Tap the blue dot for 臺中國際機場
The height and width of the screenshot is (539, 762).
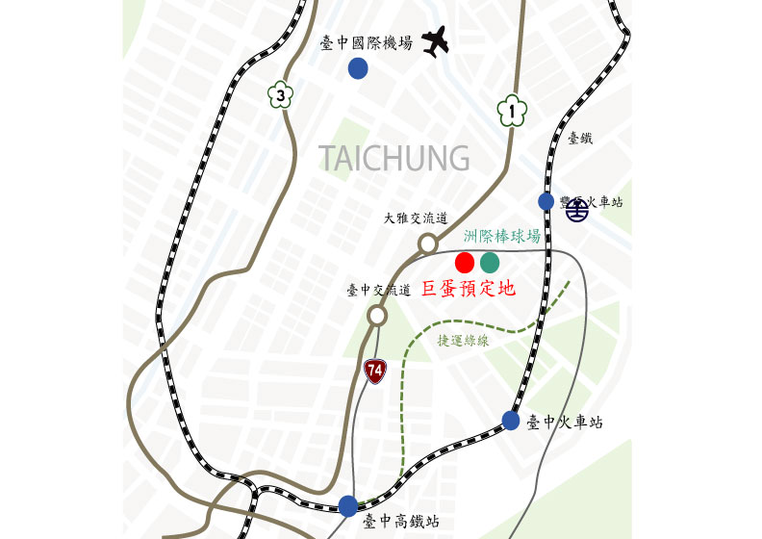tap(358, 67)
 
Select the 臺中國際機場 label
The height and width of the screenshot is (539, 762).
tap(366, 42)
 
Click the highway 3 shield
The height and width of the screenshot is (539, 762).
tap(279, 94)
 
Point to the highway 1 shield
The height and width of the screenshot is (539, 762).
tap(513, 111)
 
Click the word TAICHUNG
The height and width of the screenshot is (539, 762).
tap(394, 157)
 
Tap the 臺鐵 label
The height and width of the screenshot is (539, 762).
tap(580, 139)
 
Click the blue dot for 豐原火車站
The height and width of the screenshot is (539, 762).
tap(546, 201)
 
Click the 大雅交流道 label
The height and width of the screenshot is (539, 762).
tap(416, 219)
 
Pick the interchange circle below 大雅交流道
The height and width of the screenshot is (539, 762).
tap(427, 244)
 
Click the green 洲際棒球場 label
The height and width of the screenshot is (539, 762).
tap(500, 236)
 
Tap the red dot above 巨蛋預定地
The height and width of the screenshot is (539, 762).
tap(465, 261)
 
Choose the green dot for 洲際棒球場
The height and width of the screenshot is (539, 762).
tap(490, 261)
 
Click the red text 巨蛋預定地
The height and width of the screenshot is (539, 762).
tap(469, 288)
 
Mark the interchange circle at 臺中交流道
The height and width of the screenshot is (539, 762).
tap(378, 315)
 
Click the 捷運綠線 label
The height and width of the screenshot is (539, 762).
tap(464, 340)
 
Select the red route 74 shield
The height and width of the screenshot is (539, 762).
tap(375, 369)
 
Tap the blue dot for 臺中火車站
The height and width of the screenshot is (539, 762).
tap(511, 420)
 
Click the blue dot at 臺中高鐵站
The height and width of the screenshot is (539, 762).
tap(348, 505)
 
